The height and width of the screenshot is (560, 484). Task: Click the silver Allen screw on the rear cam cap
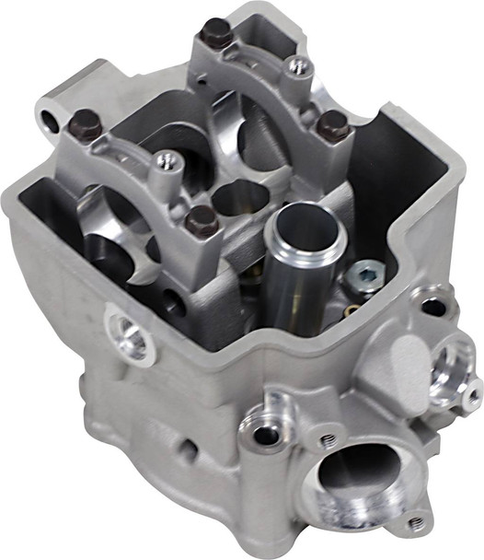(x=296, y=65)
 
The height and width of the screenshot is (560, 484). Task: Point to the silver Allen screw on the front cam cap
(x=164, y=161)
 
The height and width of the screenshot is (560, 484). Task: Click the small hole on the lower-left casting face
(x=188, y=450)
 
